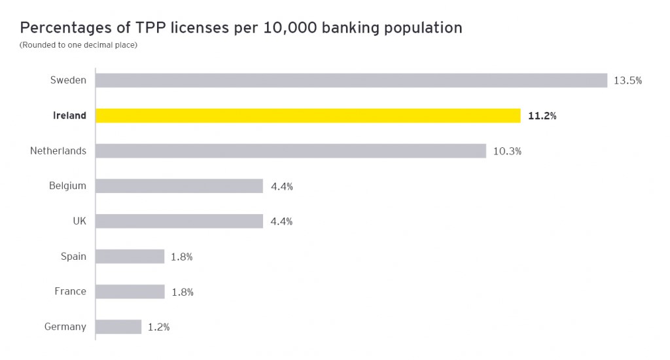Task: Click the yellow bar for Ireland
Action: pyautogui.click(x=308, y=115)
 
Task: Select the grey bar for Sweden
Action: pyautogui.click(x=351, y=81)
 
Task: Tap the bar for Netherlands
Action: pyautogui.click(x=291, y=151)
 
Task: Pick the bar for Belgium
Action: pyautogui.click(x=179, y=186)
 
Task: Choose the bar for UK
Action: pyautogui.click(x=179, y=221)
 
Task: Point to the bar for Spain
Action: pyautogui.click(x=130, y=257)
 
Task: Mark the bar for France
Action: pyautogui.click(x=130, y=292)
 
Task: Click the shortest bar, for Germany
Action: pyautogui.click(x=118, y=327)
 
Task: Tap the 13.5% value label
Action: pyautogui.click(x=627, y=81)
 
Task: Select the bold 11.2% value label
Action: pyautogui.click(x=542, y=116)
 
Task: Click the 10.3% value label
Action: pyautogui.click(x=507, y=151)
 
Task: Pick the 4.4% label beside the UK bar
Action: pyautogui.click(x=281, y=222)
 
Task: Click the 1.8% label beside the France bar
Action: pyautogui.click(x=182, y=293)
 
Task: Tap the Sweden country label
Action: pyautogui.click(x=68, y=81)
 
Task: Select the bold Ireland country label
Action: pyautogui.click(x=69, y=116)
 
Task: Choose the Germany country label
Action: pyautogui.click(x=65, y=327)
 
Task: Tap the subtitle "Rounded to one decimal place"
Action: pyautogui.click(x=79, y=45)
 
